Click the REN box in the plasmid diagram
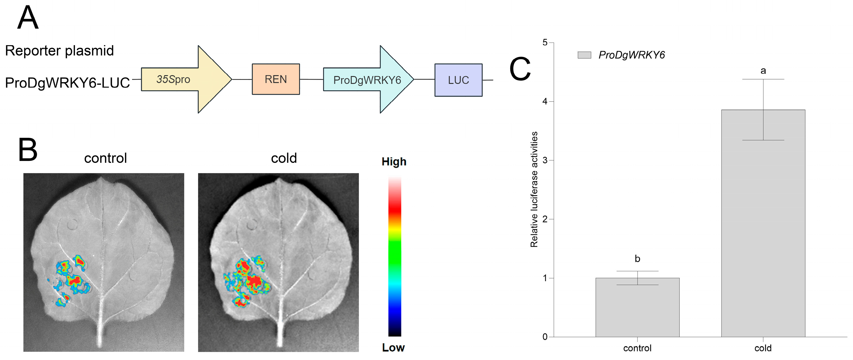pos(276,79)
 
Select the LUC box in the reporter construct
pos(458,80)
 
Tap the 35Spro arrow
pos(186,80)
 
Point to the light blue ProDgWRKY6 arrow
pos(369,80)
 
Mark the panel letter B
pos(28,150)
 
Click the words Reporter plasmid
pos(60,51)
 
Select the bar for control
pos(637,307)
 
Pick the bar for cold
pos(763,223)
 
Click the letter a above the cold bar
pos(763,71)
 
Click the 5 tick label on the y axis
pos(545,42)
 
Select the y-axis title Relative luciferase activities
pos(534,190)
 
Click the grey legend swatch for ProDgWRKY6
pos(584,55)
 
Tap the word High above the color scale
pos(394,162)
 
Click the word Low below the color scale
pos(393,347)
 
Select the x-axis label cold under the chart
pos(763,348)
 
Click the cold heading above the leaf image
pos(284,158)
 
